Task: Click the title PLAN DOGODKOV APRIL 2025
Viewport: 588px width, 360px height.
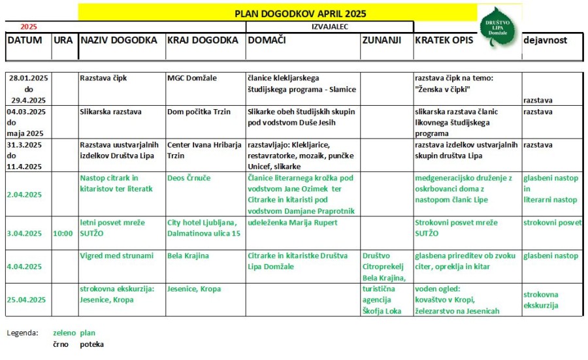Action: tap(300, 13)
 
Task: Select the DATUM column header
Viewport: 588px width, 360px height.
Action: tap(25, 40)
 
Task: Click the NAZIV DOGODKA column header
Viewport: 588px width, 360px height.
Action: tap(118, 40)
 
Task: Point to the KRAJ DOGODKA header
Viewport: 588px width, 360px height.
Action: tap(203, 40)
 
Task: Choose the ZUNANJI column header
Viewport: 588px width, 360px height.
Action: tap(380, 40)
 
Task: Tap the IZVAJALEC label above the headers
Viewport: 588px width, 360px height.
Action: tap(329, 27)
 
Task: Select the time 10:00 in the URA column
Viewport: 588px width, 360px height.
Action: tap(63, 233)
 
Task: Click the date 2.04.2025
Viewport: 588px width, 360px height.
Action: tap(25, 195)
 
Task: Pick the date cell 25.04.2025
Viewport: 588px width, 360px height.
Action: tap(27, 299)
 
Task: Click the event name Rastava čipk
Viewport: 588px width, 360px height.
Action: tap(103, 78)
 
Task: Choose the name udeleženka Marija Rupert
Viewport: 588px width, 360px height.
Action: tap(293, 223)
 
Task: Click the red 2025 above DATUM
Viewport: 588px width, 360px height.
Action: tap(29, 27)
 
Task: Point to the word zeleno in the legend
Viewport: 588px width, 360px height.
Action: tap(65, 333)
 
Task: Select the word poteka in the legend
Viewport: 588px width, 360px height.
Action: tap(91, 344)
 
